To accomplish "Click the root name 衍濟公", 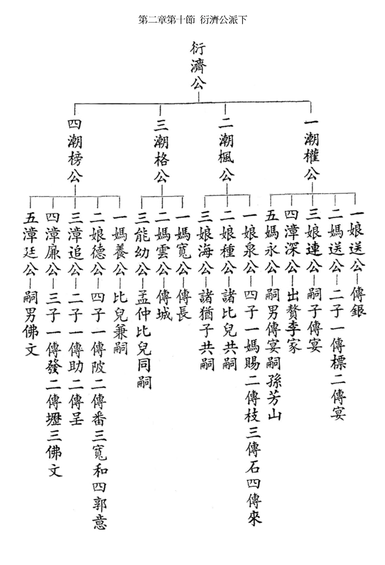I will (x=198, y=65).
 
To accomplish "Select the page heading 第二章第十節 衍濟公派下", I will (x=192, y=20).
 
